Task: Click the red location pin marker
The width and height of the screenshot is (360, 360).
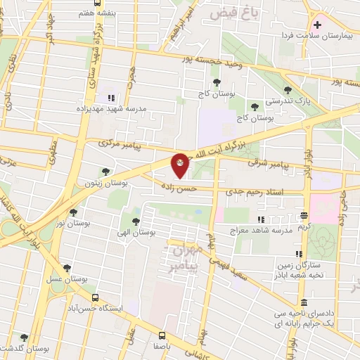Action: click(x=181, y=165)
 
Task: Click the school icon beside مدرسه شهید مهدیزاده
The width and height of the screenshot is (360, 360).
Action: click(x=110, y=98)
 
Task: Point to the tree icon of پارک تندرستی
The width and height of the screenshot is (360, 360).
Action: click(x=288, y=89)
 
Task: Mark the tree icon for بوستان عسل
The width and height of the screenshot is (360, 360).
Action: click(x=67, y=267)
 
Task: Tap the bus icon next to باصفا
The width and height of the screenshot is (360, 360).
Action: click(x=162, y=335)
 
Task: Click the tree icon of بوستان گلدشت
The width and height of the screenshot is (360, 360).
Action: click(x=25, y=337)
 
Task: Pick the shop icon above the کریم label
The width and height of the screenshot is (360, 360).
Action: click(x=304, y=216)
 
